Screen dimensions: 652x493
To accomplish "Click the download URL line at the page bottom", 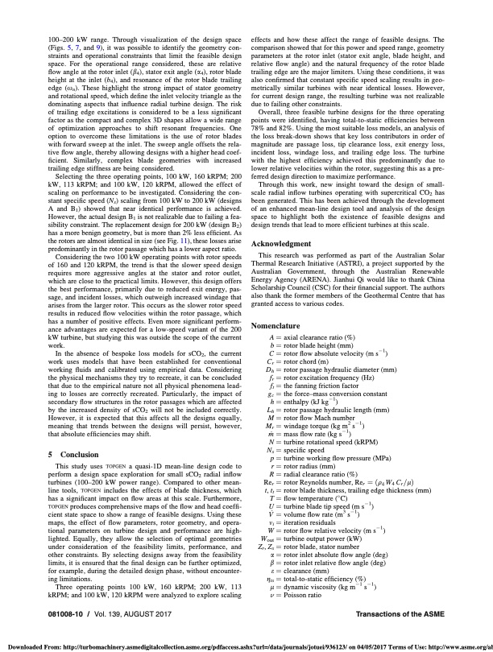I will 246,645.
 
